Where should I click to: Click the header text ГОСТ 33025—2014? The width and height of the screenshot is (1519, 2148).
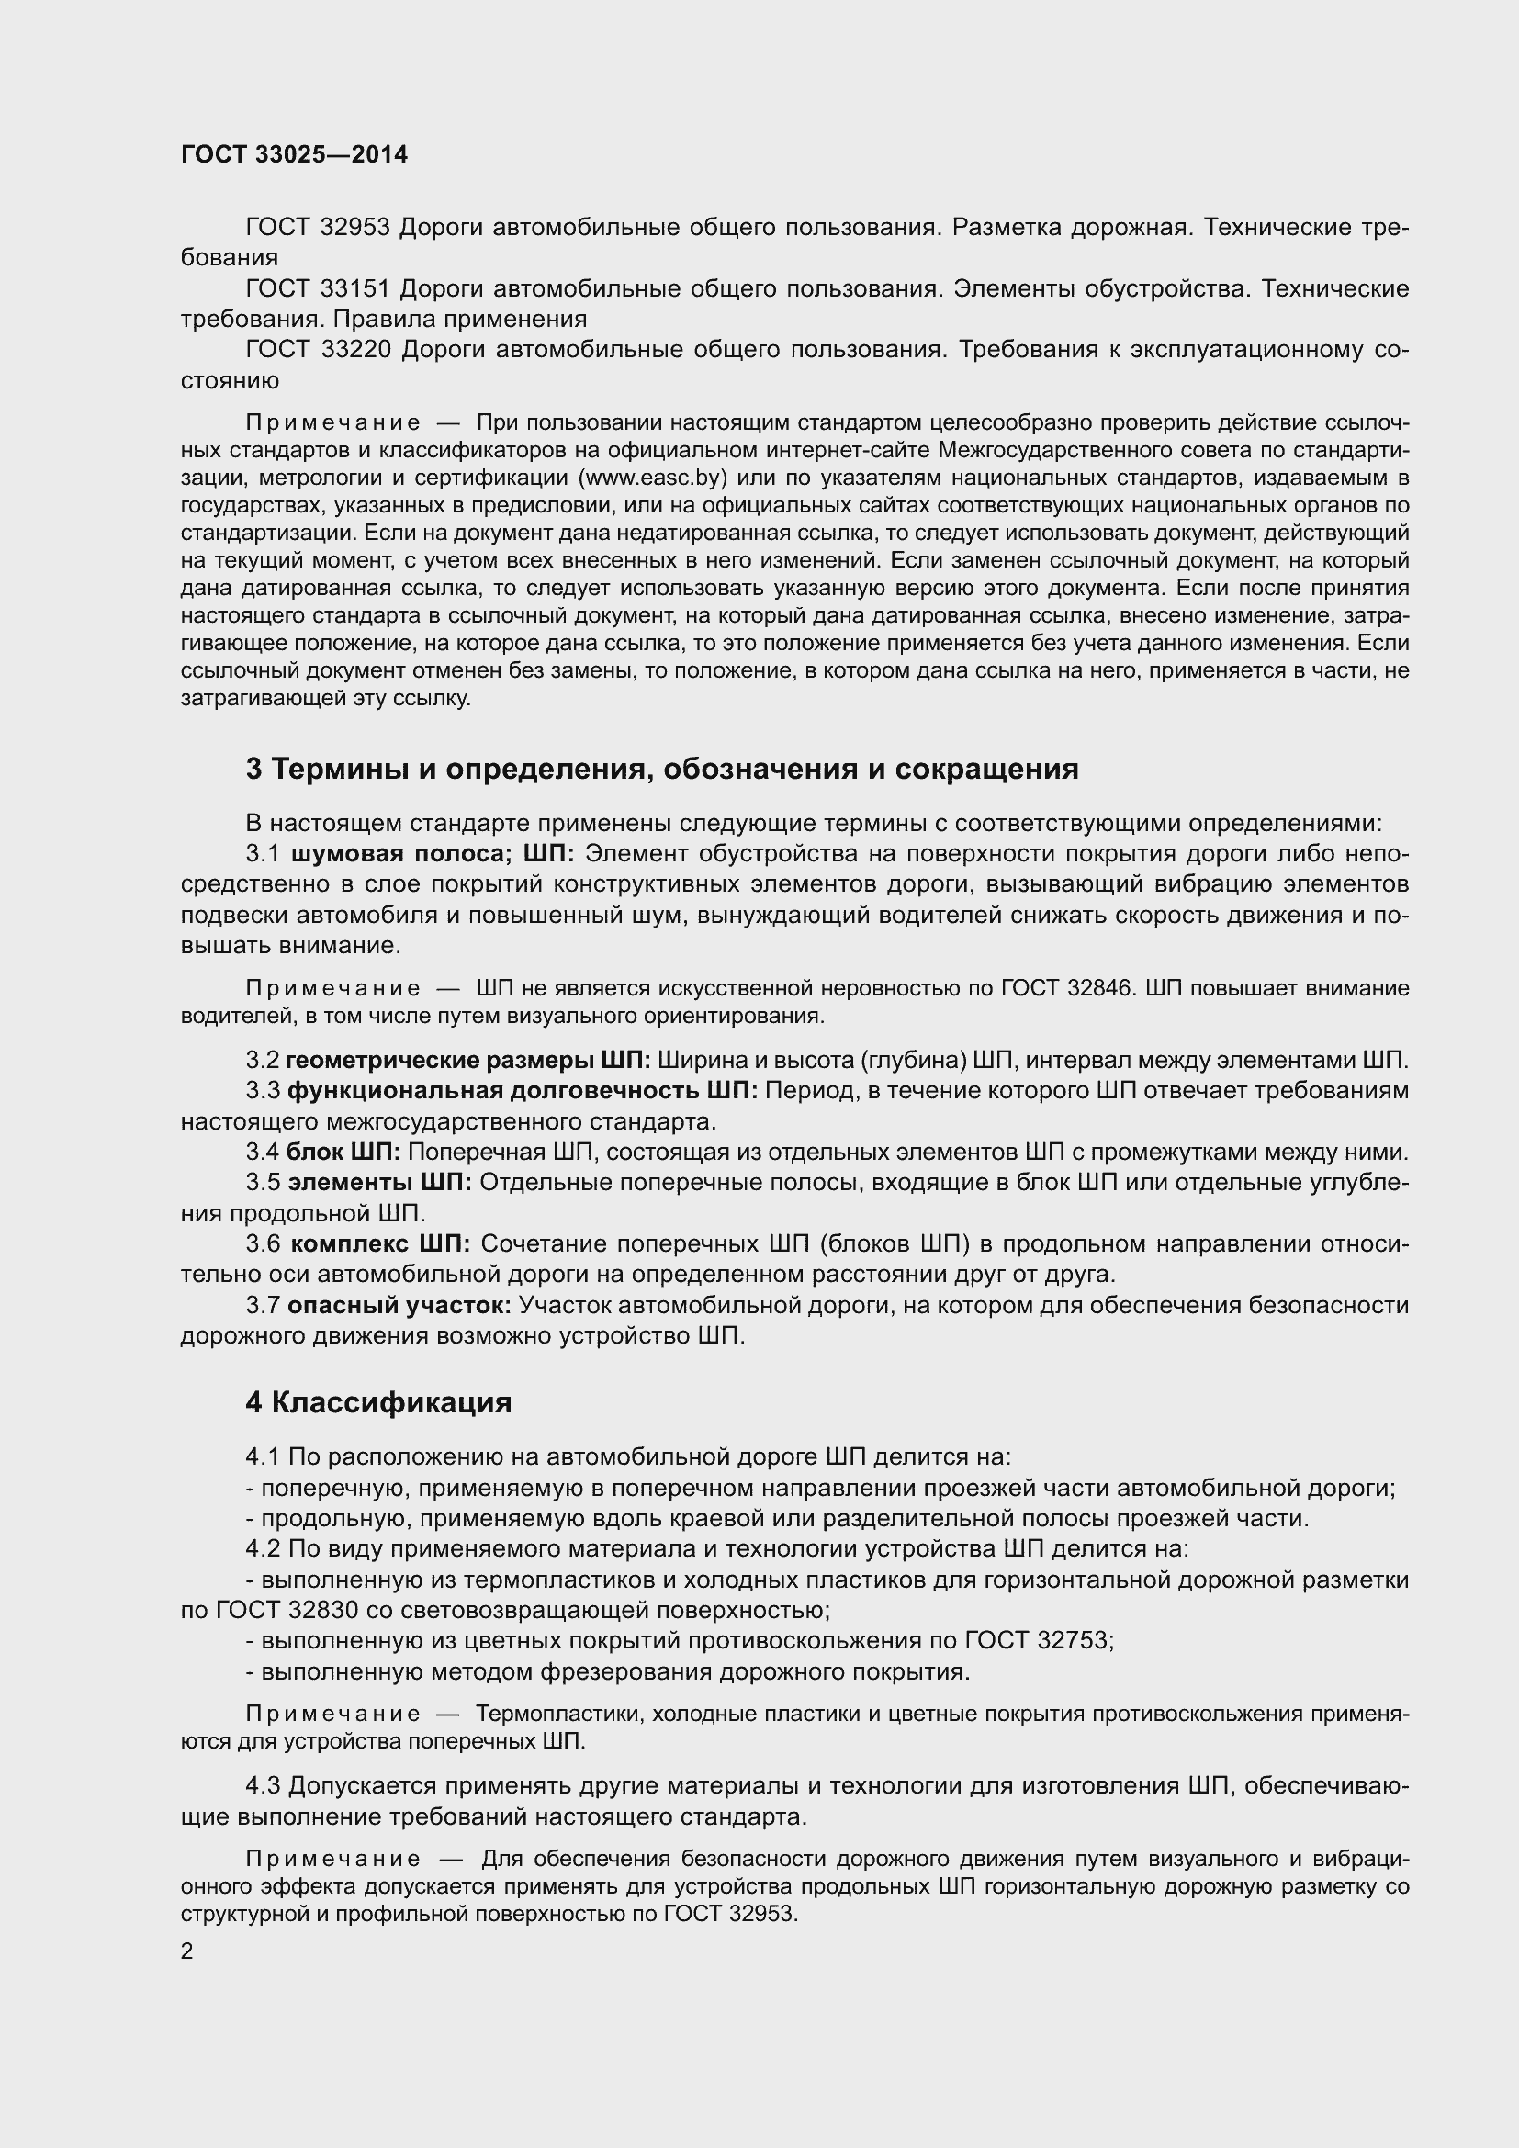[294, 155]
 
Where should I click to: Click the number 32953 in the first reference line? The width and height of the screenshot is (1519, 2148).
[354, 228]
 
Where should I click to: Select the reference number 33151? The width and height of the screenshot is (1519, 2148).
[354, 288]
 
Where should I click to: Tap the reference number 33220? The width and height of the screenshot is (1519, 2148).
[354, 349]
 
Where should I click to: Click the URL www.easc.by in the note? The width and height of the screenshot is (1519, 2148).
[654, 478]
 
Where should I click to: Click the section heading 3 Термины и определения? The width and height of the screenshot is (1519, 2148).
[661, 769]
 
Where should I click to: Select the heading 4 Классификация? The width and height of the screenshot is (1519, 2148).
[377, 1402]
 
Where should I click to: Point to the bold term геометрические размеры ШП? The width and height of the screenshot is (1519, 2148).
[467, 1060]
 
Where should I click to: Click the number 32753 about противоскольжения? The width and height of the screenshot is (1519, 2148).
[1072, 1640]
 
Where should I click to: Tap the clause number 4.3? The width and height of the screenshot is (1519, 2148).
[263, 1786]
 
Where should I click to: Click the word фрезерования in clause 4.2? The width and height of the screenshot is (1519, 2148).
[544, 1670]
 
